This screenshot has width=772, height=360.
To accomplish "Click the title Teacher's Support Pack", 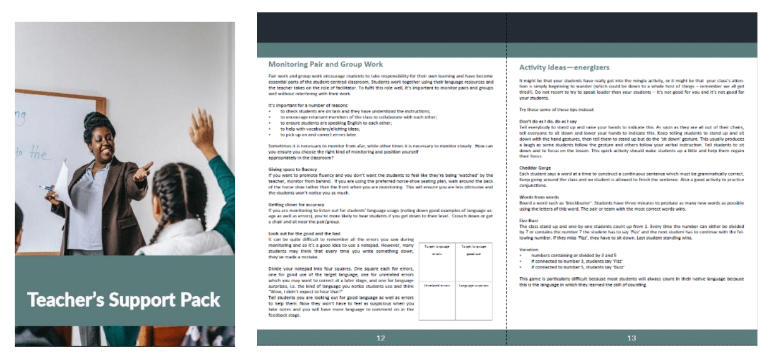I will pos(124,300).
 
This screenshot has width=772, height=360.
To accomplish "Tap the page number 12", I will pos(380,338).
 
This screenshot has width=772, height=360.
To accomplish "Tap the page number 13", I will pos(631,338).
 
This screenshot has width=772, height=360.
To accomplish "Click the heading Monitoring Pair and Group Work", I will pos(325,64).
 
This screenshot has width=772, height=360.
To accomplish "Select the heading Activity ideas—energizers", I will pos(564,67).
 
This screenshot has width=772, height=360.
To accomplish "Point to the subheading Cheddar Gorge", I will pos(535,168).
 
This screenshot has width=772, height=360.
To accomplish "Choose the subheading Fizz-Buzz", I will pos(529,221).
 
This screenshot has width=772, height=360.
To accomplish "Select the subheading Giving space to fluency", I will pos(293,169).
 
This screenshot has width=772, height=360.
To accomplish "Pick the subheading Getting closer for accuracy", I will pos(296,204).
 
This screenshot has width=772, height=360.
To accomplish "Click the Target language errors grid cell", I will pos(437,262).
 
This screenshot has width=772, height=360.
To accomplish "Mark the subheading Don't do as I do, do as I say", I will pos(548,122).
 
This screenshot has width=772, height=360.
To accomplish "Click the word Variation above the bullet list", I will pos(529,249).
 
